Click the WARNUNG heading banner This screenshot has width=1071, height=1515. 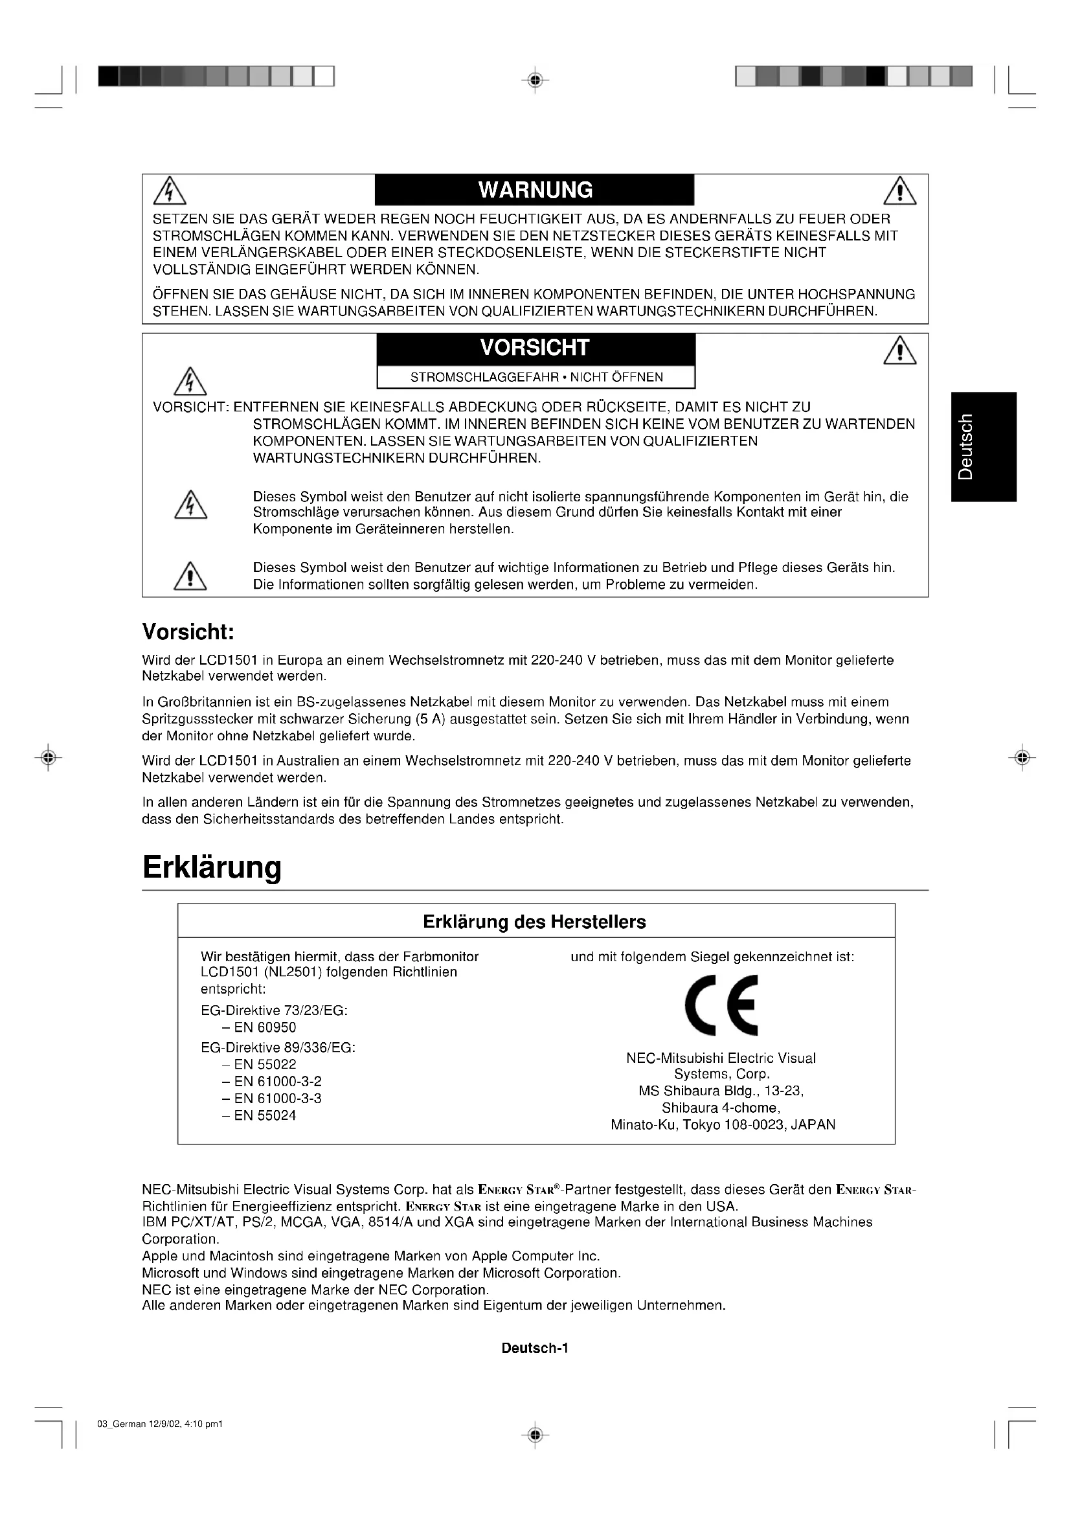pos(535,190)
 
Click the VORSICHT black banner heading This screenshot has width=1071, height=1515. pos(535,348)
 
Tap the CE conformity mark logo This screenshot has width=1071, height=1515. pos(721,1006)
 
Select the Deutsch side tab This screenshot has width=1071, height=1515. pos(984,447)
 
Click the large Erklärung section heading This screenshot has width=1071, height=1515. pos(212,867)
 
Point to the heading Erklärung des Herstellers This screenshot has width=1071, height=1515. pos(534,922)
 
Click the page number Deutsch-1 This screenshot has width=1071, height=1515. pos(535,1348)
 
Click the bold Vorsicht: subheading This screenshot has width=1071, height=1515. pos(188,632)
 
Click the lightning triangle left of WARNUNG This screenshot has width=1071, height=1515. pos(170,191)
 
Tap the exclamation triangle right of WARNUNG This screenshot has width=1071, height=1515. pos(899,192)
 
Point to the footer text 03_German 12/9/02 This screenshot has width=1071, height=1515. pos(160,1424)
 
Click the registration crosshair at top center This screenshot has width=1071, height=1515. pos(535,80)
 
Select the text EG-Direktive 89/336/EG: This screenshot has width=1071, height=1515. pos(278,1048)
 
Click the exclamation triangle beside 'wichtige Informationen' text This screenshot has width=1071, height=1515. pos(190,576)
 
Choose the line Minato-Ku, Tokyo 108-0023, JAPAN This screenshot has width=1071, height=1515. pos(723,1125)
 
